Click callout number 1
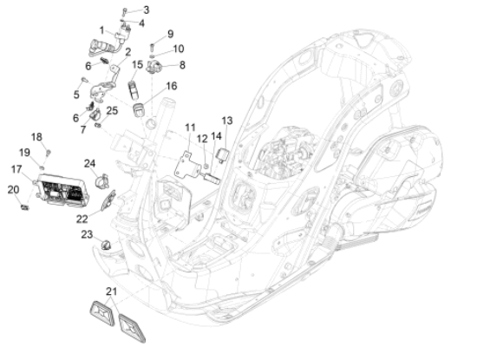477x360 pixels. (x=101, y=29)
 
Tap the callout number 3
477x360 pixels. (x=146, y=10)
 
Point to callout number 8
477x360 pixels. (x=180, y=64)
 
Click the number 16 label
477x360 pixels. (x=171, y=86)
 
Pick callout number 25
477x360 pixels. (x=112, y=111)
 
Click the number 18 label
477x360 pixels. (x=37, y=136)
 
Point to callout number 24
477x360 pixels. (x=90, y=163)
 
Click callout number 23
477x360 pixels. (x=87, y=234)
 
